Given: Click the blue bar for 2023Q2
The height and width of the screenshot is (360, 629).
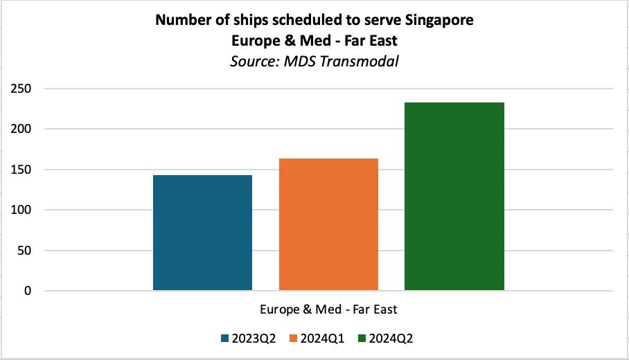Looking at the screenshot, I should (202, 233).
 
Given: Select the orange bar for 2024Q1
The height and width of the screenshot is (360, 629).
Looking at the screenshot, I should (328, 224).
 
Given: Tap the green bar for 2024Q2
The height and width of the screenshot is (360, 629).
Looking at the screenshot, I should (454, 197).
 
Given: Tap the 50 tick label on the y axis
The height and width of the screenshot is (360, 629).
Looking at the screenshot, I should (25, 251).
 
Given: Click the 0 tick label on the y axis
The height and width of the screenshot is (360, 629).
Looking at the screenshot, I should (28, 291).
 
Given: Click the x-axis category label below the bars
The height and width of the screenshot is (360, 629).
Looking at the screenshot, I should (328, 309).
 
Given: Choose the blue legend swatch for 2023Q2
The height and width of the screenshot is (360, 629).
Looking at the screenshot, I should (224, 339).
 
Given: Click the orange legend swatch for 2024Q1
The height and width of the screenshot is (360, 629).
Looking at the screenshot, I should (293, 339).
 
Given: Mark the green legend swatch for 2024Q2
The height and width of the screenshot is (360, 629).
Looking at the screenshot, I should (362, 339).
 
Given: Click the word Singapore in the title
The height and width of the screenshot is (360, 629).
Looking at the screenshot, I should (440, 20).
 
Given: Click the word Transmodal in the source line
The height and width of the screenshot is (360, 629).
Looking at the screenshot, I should (365, 61).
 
